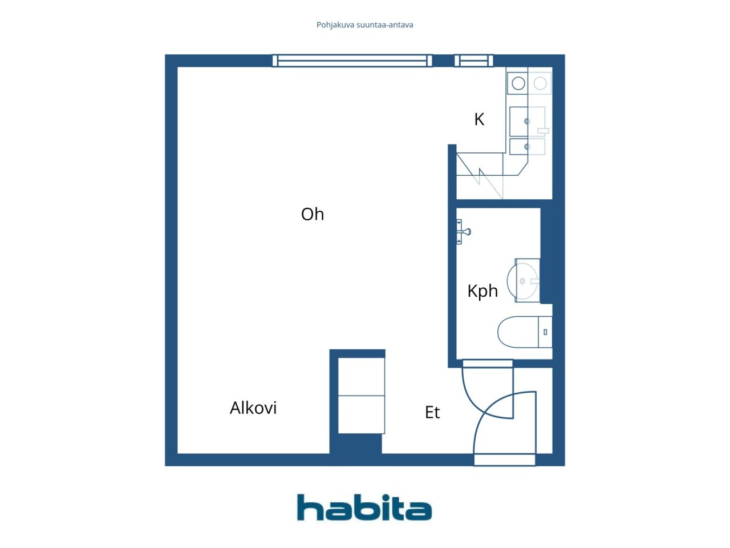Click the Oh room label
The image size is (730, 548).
(x=313, y=214)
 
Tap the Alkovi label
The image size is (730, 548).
(x=253, y=408)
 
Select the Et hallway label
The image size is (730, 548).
(x=432, y=413)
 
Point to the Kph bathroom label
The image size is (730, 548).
(x=482, y=292)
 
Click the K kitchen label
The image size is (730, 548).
(x=479, y=119)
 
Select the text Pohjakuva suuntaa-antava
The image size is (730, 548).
(x=364, y=25)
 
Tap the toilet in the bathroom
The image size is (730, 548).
(x=525, y=332)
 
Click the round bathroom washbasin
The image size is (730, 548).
(x=522, y=281)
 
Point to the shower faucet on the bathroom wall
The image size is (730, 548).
(x=463, y=232)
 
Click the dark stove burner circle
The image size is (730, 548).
(x=518, y=83)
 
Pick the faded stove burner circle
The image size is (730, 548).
(x=540, y=83)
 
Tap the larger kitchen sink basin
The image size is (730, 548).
(x=527, y=122)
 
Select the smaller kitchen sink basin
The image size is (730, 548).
(x=527, y=147)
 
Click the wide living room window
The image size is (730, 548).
(x=352, y=61)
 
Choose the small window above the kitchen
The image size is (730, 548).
(x=473, y=61)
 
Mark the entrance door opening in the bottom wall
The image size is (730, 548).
(x=505, y=460)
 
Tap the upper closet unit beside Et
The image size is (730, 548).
(x=361, y=377)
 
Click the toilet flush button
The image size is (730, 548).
(x=545, y=332)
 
